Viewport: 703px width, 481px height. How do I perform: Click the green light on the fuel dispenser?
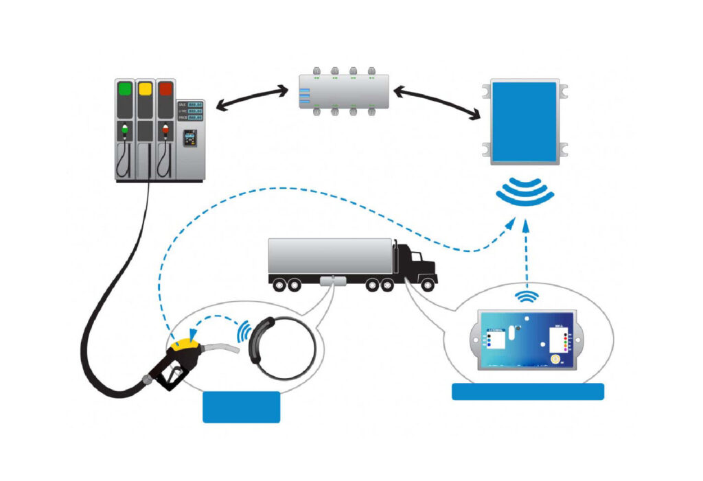(x=125, y=89)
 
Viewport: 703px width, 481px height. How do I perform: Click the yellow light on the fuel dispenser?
(x=145, y=89)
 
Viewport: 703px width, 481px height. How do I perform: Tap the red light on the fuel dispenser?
(x=165, y=89)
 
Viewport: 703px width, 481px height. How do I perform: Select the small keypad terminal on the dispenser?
(x=190, y=139)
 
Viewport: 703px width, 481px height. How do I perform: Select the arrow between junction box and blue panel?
(x=437, y=100)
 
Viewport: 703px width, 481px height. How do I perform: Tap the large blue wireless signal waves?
(x=525, y=193)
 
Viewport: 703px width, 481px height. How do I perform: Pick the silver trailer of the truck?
(x=330, y=257)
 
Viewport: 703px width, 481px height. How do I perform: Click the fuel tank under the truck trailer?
(x=332, y=281)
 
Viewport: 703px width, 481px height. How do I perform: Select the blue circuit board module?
(x=525, y=340)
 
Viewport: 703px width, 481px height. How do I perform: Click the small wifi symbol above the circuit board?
(x=527, y=296)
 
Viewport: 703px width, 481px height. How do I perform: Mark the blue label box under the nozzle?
(x=242, y=406)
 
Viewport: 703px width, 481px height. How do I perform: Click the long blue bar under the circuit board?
(x=527, y=392)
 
